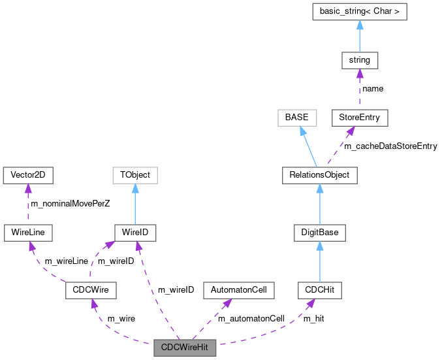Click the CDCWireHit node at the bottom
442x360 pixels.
click(x=185, y=347)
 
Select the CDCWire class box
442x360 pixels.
click(x=91, y=289)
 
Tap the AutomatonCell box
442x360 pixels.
click(x=238, y=289)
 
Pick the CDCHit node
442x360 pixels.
click(x=319, y=289)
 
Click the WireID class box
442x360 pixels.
click(x=135, y=232)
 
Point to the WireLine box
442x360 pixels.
click(x=27, y=232)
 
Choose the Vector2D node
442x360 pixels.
click(x=27, y=174)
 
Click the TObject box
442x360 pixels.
click(x=135, y=174)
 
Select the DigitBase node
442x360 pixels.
click(x=319, y=232)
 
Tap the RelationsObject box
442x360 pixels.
click(x=319, y=174)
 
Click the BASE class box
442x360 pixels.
click(x=296, y=118)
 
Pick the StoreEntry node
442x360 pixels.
click(x=360, y=118)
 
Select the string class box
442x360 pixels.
click(x=360, y=60)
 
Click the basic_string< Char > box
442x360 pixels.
click(x=360, y=12)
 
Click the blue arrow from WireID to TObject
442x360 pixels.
click(x=135, y=203)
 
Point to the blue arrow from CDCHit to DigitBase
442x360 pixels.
click(x=319, y=261)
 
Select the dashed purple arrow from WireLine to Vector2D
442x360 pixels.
click(x=27, y=203)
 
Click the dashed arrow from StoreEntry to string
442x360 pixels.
click(x=360, y=89)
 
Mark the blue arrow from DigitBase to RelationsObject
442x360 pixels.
click(x=319, y=203)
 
